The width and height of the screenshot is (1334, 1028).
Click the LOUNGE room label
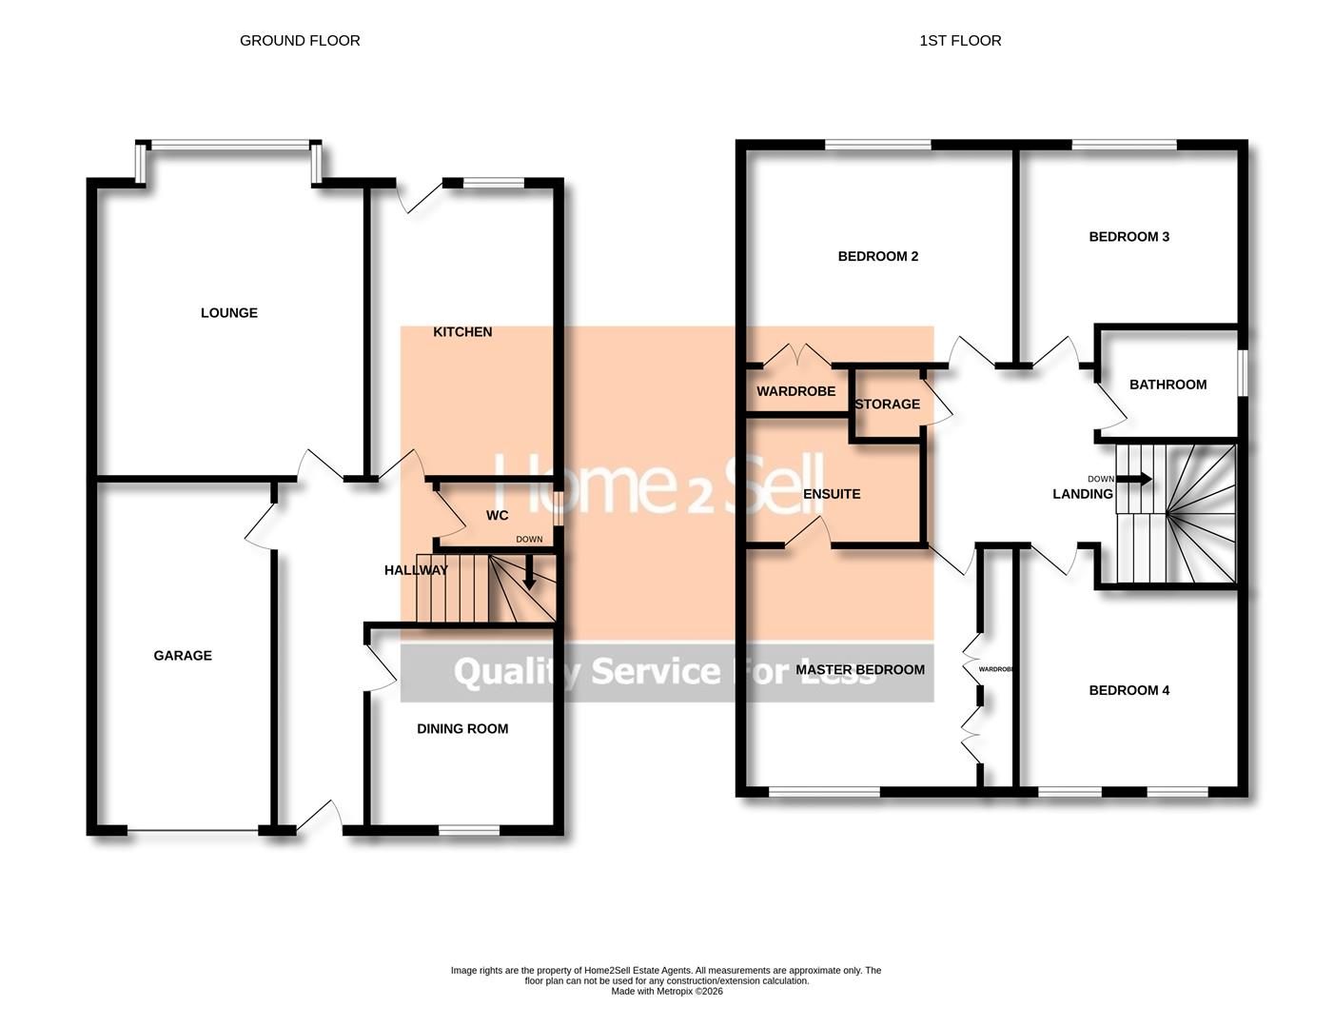coord(229,313)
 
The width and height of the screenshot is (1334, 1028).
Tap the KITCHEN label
coord(462,332)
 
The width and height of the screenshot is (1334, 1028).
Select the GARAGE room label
coord(183,656)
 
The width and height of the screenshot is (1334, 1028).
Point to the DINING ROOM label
coord(462,729)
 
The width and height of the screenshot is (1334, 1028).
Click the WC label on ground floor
coord(497,516)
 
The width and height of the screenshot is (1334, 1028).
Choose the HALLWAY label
coord(416,570)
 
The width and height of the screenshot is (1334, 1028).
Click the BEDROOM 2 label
coord(877,256)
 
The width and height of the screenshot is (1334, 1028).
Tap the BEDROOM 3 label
coord(1128,237)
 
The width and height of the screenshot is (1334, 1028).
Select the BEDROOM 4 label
coord(1128,691)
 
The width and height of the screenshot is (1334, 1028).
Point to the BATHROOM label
coord(1167,385)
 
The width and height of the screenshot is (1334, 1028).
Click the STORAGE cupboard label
coord(887,405)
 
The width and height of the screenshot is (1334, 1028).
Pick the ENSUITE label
coord(832,494)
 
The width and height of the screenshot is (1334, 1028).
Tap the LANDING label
coord(1082,494)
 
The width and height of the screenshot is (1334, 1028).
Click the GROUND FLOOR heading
coord(300,41)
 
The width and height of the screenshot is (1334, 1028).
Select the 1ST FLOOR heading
coord(960,41)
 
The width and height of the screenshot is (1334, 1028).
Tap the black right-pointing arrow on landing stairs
coord(1139,479)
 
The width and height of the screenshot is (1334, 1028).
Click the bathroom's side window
coord(1242,371)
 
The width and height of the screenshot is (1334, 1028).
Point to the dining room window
coord(469,830)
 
